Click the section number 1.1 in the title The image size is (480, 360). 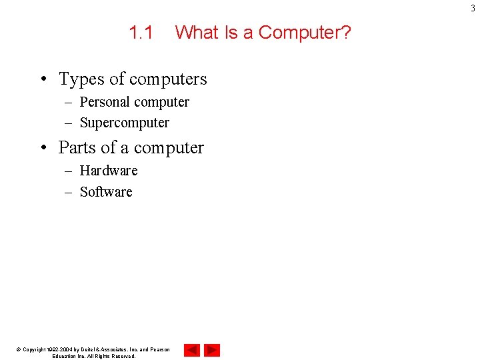(x=141, y=32)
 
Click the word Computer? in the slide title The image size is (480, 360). (x=304, y=32)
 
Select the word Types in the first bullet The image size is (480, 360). (x=81, y=79)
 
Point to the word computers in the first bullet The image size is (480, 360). (x=167, y=79)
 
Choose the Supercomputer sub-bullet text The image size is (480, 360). (x=125, y=123)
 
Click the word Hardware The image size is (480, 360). (x=109, y=171)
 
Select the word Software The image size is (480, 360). (x=106, y=192)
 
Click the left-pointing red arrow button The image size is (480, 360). (x=192, y=350)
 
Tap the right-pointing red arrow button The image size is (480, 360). (x=212, y=350)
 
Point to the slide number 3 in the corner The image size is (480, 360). (x=474, y=8)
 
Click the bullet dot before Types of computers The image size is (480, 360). (x=43, y=80)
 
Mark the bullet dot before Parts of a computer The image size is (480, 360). (x=43, y=148)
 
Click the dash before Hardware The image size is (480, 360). (x=69, y=171)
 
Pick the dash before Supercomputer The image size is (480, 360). (x=69, y=123)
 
